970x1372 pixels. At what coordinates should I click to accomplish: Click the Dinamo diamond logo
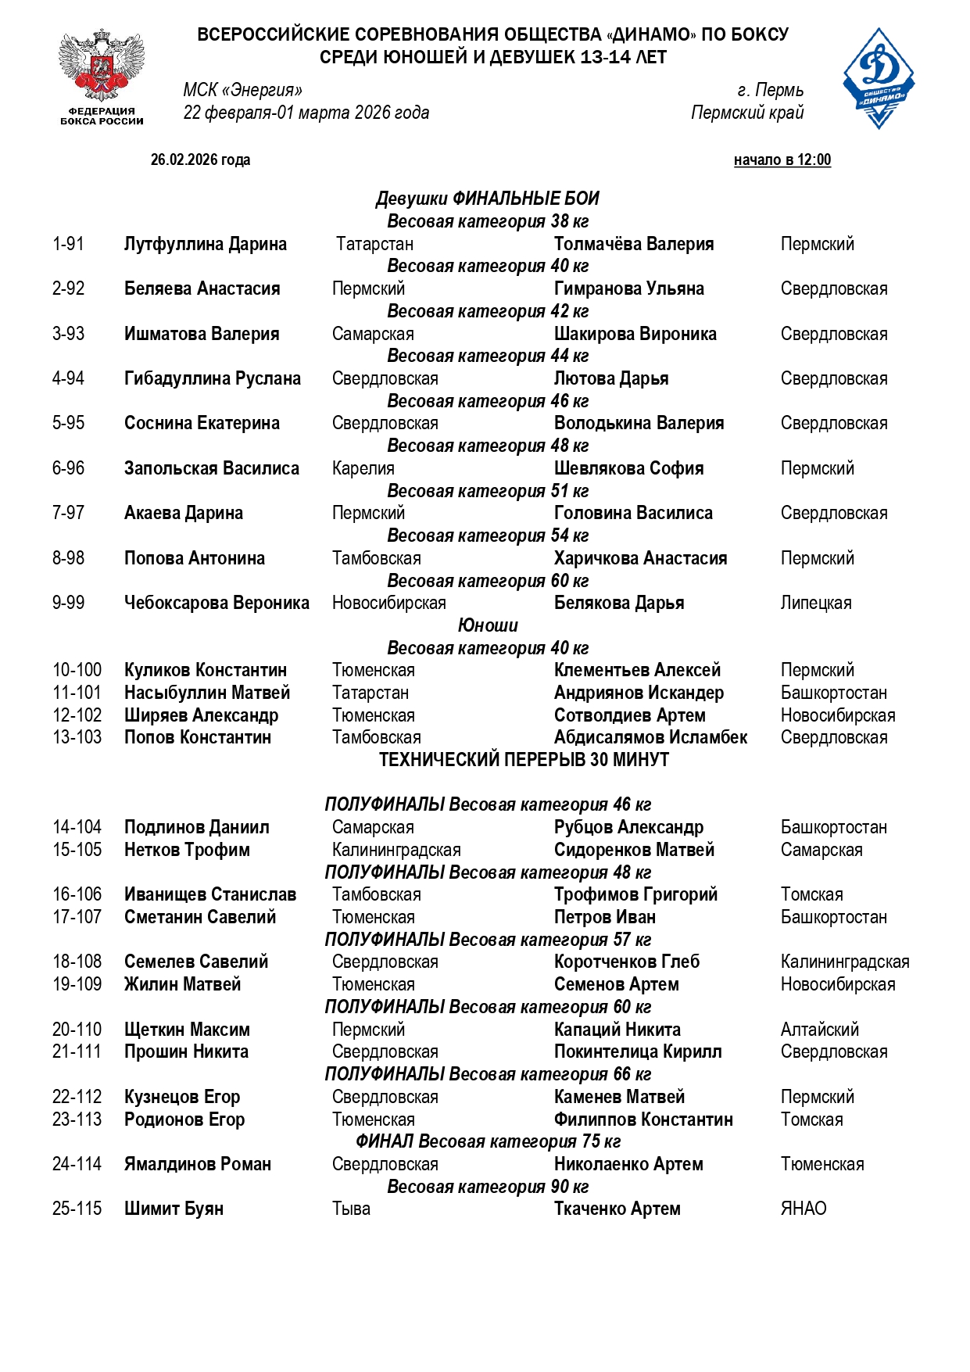[x=879, y=78]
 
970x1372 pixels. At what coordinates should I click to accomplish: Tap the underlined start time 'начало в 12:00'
[x=782, y=160]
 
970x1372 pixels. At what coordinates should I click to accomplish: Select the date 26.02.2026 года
[x=200, y=160]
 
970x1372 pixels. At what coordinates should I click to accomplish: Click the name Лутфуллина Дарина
[x=205, y=244]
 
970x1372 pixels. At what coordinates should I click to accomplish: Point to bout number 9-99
[x=68, y=603]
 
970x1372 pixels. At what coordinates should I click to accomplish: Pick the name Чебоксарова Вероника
[x=217, y=603]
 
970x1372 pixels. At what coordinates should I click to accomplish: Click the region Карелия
[x=363, y=468]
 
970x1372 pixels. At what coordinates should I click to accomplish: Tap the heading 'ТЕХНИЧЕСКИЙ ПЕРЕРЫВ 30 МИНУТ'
[x=524, y=760]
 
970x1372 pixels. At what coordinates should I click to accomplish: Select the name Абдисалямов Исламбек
[x=650, y=737]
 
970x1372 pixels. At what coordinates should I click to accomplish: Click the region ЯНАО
[x=803, y=1209]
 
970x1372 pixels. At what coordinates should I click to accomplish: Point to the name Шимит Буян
[x=174, y=1209]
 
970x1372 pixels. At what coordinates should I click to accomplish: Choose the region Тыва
[x=351, y=1209]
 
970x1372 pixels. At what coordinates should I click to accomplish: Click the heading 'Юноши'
[x=488, y=625]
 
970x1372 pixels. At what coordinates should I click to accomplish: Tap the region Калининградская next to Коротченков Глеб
[x=844, y=962]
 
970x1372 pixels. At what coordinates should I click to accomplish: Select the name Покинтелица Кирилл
[x=637, y=1051]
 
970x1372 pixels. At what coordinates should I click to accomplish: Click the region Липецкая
[x=815, y=603]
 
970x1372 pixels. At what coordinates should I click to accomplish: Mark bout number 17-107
[x=77, y=917]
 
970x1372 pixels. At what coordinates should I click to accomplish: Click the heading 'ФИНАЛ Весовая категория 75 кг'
[x=488, y=1141]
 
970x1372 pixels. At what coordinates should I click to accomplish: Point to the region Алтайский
[x=819, y=1030]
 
